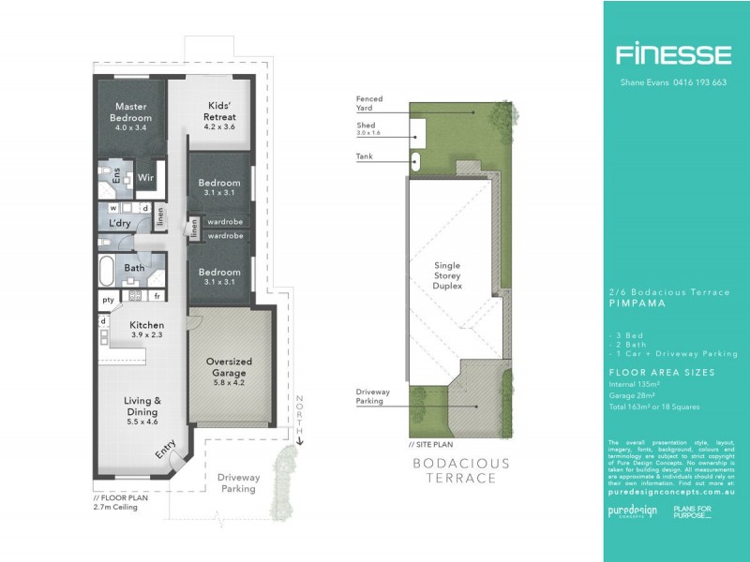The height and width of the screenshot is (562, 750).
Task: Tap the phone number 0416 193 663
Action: [695, 82]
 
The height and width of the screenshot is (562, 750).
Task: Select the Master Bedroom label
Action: [132, 112]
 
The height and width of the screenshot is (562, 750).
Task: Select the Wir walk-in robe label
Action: [145, 177]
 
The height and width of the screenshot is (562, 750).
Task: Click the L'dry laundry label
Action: [119, 224]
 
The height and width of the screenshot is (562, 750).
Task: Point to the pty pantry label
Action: [108, 299]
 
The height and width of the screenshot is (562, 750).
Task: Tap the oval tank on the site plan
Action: [415, 160]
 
